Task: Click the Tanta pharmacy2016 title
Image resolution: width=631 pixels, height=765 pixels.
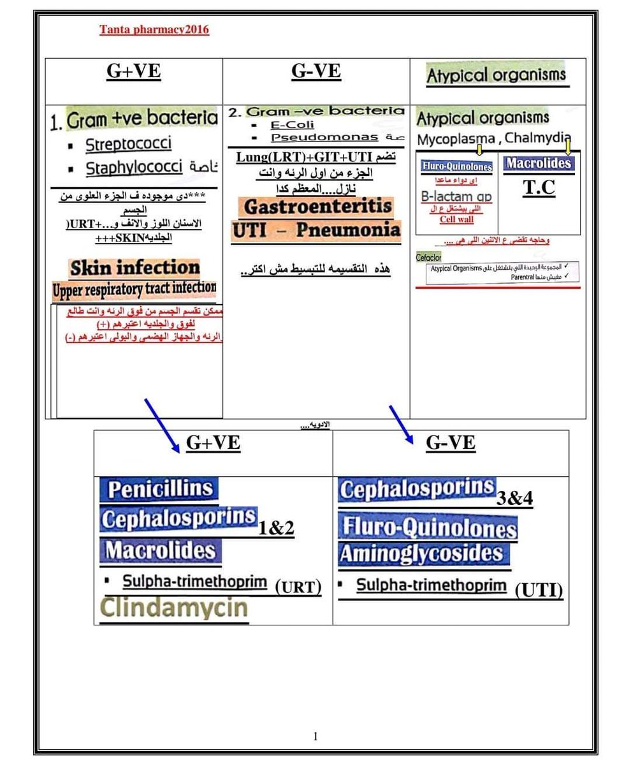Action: click(154, 29)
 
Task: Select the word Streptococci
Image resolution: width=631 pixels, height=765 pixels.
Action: click(128, 144)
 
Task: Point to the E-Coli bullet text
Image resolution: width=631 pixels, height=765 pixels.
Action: click(293, 125)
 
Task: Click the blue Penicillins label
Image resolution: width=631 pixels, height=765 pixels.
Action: click(159, 489)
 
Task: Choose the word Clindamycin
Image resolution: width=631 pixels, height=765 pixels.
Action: click(175, 608)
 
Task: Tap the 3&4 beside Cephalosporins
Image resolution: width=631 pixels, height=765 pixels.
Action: click(514, 499)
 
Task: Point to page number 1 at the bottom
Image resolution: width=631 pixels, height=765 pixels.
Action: click(315, 737)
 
